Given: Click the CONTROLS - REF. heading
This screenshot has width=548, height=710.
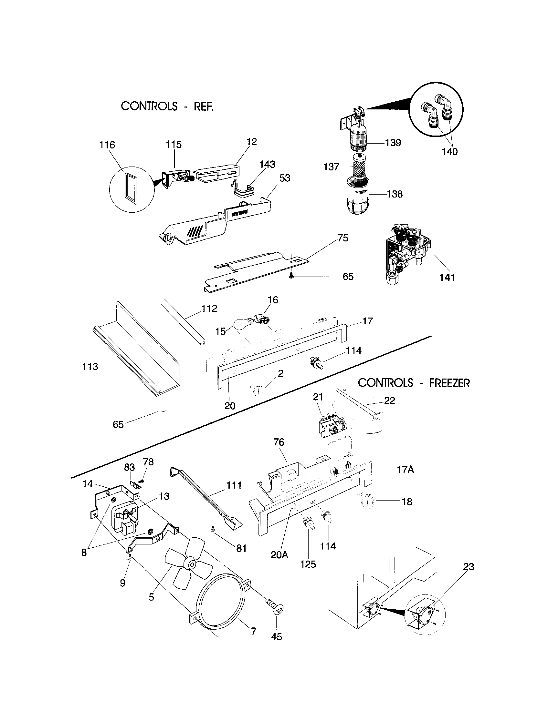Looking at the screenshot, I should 167,106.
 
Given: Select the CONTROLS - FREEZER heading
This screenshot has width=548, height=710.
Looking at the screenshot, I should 414,383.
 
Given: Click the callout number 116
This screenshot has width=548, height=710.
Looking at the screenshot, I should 107,145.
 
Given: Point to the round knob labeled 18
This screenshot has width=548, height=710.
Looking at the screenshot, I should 366,501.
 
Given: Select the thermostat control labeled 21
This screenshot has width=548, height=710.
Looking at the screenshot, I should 331,427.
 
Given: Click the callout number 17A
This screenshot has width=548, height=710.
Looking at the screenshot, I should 406,470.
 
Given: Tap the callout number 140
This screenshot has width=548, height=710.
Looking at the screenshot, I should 449,151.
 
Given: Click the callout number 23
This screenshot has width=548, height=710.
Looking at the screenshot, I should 469,567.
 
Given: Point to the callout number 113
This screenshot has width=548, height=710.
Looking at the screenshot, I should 90,366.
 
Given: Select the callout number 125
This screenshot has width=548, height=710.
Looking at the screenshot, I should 308,564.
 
